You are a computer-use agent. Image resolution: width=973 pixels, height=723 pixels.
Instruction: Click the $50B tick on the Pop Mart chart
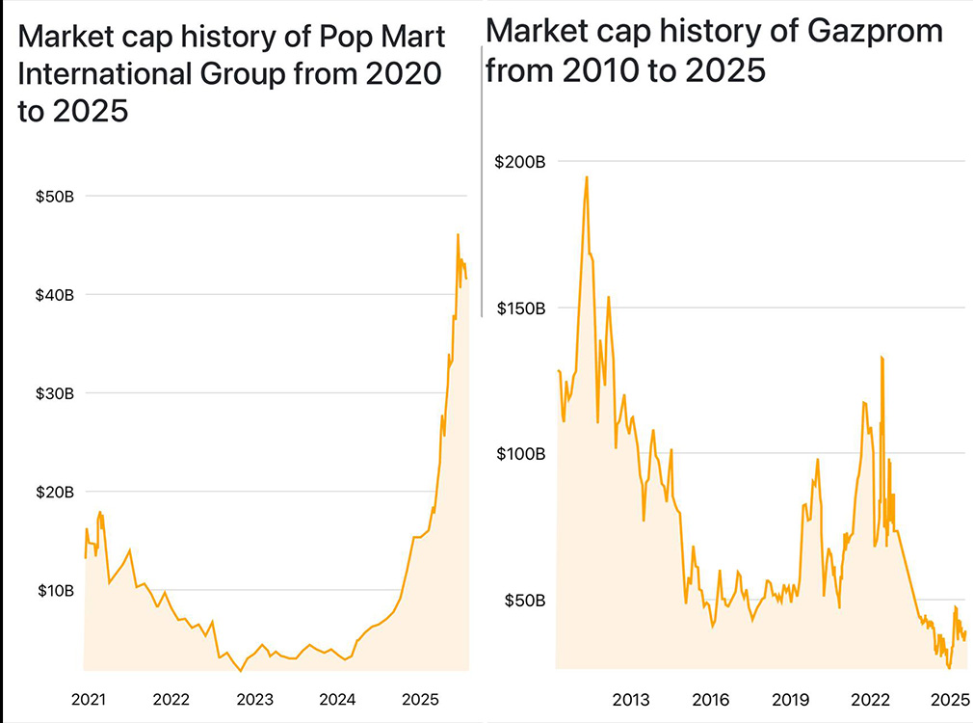(55, 197)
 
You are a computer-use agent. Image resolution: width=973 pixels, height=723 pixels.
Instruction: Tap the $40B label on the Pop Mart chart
(55, 295)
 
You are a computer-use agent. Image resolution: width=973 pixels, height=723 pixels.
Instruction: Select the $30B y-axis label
(55, 394)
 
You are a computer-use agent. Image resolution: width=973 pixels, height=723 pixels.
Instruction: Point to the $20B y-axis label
(55, 493)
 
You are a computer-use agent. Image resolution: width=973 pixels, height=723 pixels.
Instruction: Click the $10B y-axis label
(55, 590)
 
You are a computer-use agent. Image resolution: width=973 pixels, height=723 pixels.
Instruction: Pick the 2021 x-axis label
(88, 698)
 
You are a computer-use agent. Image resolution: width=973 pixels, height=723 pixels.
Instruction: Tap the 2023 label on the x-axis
(254, 698)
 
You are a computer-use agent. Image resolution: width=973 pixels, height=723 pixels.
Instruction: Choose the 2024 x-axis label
(337, 698)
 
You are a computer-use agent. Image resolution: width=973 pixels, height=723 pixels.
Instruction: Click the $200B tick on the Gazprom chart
(520, 162)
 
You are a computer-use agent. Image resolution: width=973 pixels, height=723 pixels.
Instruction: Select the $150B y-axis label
(520, 308)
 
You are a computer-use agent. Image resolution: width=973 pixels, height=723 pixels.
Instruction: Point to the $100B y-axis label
(520, 454)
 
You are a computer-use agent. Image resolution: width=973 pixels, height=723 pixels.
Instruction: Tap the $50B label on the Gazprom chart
(523, 601)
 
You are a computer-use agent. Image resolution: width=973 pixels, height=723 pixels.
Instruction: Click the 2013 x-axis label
(631, 698)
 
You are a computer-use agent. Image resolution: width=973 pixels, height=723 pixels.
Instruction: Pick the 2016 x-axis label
(710, 698)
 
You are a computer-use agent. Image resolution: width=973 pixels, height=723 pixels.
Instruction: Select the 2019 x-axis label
(790, 698)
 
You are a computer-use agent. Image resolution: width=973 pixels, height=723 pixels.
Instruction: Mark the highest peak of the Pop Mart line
(458, 234)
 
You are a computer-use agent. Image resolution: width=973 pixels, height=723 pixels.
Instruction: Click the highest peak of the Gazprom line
(586, 176)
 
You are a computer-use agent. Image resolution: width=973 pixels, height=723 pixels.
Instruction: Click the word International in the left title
(102, 74)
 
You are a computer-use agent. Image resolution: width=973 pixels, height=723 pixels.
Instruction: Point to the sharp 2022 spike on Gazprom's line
(881, 358)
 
